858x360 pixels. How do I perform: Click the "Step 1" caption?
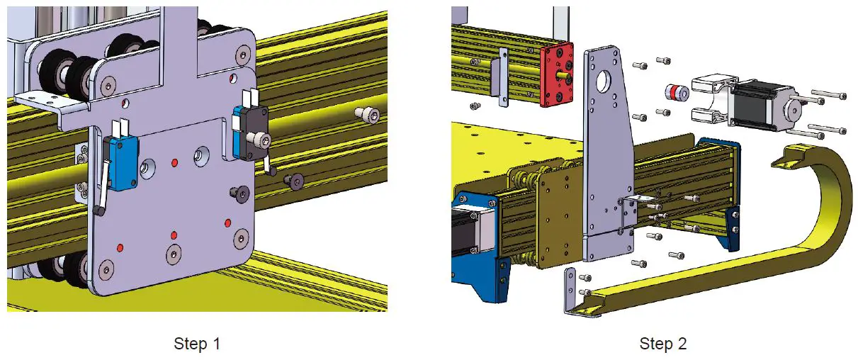[197, 344]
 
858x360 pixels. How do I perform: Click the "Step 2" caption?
[662, 344]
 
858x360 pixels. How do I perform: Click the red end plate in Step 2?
[558, 75]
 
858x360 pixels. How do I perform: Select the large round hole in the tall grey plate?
[604, 81]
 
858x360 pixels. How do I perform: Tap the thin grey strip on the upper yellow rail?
[503, 78]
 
